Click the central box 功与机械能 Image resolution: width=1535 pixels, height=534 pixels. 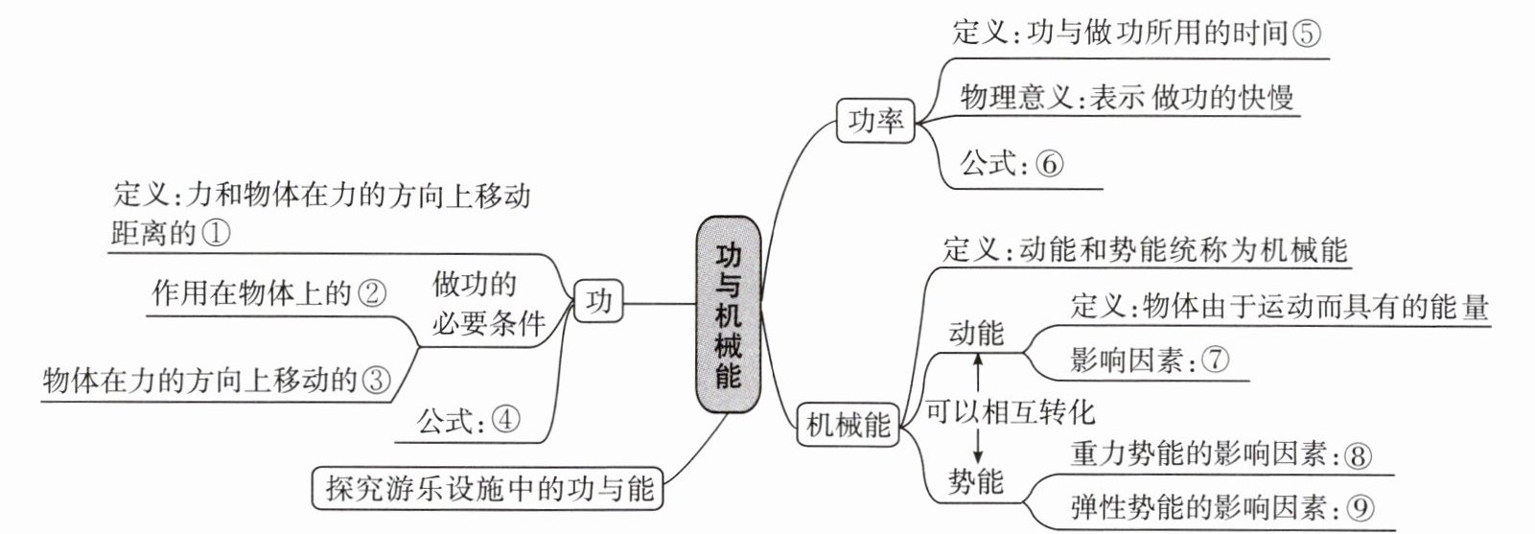coord(729,314)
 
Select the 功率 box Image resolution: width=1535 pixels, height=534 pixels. coord(875,121)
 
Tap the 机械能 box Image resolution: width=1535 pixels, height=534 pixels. coord(849,425)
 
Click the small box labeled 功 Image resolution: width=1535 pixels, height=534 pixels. coord(598,301)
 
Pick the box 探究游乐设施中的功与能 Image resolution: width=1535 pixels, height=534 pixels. coord(488,488)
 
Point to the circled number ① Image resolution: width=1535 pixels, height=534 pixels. coord(217,233)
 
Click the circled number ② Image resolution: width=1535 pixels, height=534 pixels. coord(372,294)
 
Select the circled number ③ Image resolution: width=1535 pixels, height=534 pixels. coord(376,379)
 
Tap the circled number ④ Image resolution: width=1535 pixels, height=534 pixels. coord(505,420)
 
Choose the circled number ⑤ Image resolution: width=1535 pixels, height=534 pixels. coord(1306,33)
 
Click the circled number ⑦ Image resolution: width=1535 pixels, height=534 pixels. coord(1215,360)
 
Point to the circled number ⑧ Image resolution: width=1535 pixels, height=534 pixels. coord(1358,455)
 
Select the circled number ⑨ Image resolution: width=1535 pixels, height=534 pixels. coord(1361,507)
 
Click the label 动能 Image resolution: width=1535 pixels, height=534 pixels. coord(976,333)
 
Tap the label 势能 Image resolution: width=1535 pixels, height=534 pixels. coord(976,481)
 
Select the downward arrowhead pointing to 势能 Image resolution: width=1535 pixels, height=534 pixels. coord(978,454)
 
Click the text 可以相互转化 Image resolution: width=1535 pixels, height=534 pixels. coord(1011,411)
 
